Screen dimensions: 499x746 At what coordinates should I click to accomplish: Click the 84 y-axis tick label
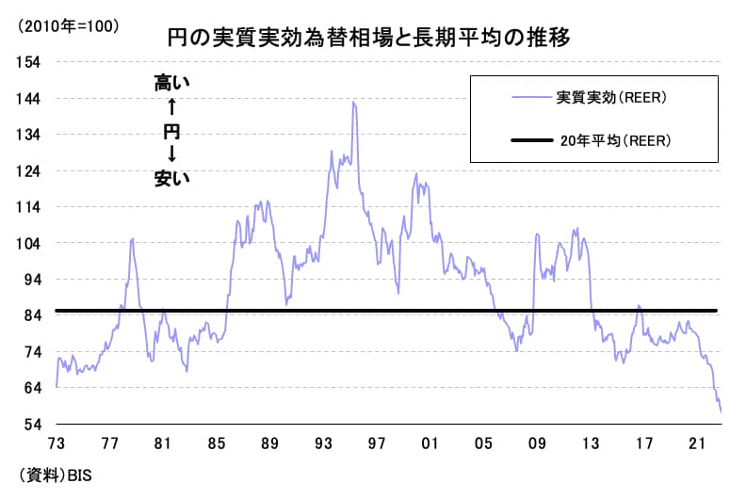32,316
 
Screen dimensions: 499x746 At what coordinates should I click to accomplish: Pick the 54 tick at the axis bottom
32,425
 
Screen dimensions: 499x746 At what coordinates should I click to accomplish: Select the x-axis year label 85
216,443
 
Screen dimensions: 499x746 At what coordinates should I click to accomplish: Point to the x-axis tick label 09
538,443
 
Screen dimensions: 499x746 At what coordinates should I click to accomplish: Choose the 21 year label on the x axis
698,443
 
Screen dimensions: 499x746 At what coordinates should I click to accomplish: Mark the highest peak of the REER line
353,102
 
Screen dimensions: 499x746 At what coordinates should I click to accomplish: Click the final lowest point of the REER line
721,411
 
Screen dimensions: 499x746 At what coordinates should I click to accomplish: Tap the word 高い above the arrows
171,84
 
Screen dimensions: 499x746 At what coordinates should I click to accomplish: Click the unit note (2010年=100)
69,26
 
